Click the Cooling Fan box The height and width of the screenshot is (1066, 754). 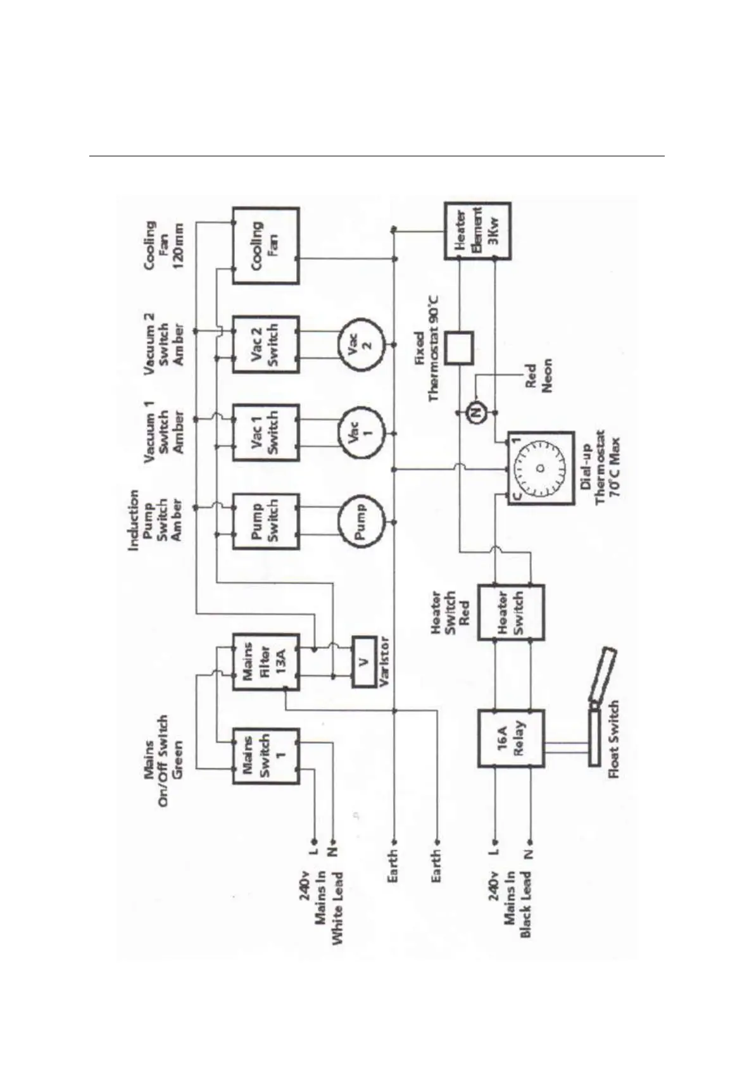point(265,246)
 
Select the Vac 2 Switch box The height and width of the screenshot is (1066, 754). point(265,344)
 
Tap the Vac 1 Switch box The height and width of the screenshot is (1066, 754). point(265,432)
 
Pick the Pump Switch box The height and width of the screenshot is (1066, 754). point(265,521)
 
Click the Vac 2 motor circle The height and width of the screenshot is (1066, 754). point(360,344)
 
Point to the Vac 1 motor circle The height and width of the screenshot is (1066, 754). point(360,433)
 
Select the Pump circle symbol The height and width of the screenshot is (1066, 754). point(360,522)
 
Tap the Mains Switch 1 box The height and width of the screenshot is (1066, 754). point(265,756)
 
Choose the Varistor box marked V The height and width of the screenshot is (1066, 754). point(363,662)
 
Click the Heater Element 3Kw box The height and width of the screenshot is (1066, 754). point(477,230)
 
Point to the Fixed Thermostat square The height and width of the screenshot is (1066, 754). point(458,348)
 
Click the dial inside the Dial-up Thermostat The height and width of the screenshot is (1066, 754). point(540,468)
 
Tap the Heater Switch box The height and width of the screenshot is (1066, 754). point(510,612)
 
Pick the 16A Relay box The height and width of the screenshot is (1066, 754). point(510,738)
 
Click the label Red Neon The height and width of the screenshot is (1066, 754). point(538,376)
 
